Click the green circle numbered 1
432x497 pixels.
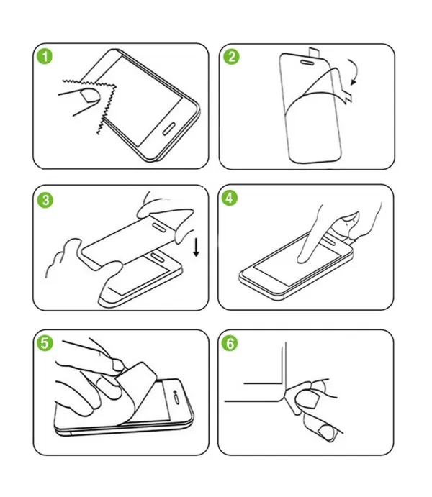[x=45, y=57]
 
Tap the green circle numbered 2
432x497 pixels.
[x=231, y=57]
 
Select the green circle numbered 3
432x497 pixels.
[x=45, y=201]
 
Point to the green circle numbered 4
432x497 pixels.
[x=230, y=198]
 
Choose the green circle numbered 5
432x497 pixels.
[x=45, y=343]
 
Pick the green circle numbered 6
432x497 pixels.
[x=230, y=343]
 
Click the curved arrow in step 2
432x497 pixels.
[x=356, y=71]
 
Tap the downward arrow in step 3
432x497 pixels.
[x=197, y=247]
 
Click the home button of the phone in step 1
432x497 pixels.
[x=168, y=128]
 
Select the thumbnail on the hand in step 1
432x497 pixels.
[x=91, y=96]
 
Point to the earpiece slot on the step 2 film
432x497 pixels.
[x=307, y=62]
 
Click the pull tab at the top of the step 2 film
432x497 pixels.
[x=313, y=53]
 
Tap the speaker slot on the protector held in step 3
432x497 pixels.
[x=159, y=227]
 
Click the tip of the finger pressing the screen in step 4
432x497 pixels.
[x=302, y=260]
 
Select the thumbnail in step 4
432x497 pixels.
[x=350, y=218]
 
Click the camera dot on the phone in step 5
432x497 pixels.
[x=175, y=393]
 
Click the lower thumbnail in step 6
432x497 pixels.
[x=326, y=432]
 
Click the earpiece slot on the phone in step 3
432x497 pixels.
[x=158, y=257]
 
